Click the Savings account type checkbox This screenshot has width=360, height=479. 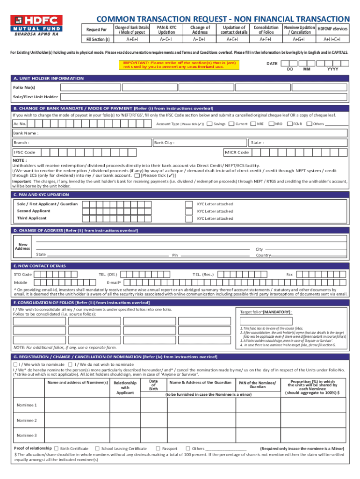(210, 124)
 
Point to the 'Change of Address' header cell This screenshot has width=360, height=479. (200, 30)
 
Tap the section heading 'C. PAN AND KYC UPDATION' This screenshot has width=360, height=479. (41, 195)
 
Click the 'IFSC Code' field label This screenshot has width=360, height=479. (24, 152)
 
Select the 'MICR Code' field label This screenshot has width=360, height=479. (237, 152)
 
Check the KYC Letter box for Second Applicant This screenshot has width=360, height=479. (188, 211)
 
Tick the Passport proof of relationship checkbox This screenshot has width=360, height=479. (158, 449)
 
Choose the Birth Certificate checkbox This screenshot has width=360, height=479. (57, 449)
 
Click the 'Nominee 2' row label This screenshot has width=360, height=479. (27, 421)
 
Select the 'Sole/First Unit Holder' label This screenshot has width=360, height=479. (36, 97)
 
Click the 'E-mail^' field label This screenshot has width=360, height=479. (114, 283)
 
